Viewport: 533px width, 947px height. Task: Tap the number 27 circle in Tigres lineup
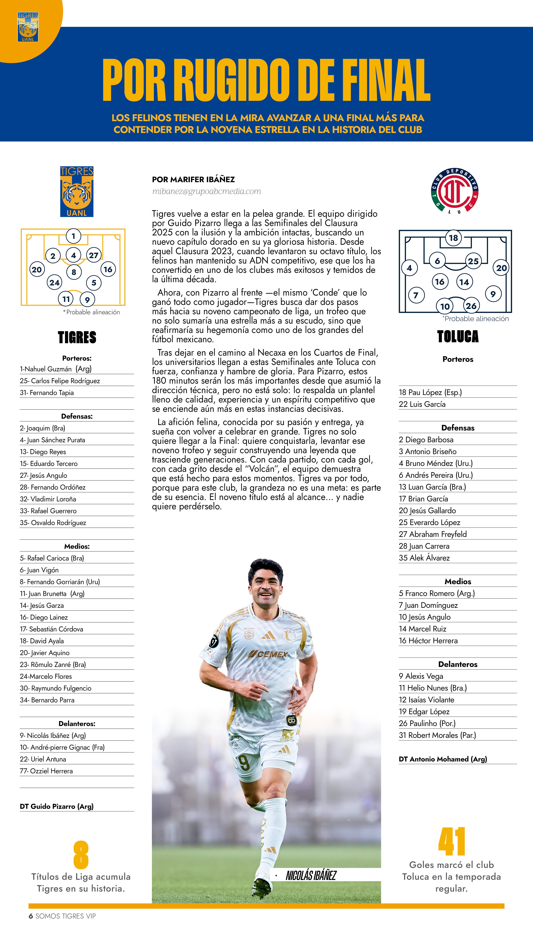point(94,255)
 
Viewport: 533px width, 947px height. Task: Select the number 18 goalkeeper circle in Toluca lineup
point(453,238)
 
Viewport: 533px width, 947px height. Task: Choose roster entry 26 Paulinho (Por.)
point(427,723)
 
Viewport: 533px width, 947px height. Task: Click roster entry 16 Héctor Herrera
point(428,640)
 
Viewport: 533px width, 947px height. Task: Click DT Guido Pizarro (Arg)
point(57,806)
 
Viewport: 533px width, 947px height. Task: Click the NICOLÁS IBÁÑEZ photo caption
point(311,875)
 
